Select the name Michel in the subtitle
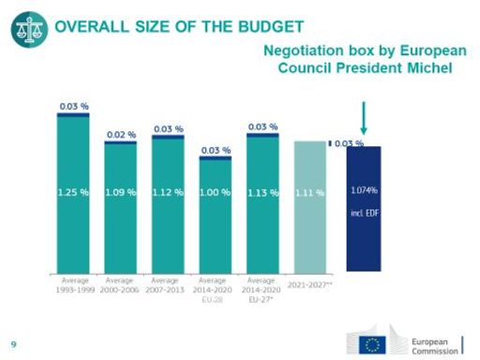click(x=423, y=69)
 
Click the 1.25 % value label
click(x=72, y=192)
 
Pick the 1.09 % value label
click(x=120, y=192)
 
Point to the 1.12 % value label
click(x=168, y=192)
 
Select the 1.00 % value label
click(x=215, y=192)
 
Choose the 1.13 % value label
click(x=262, y=192)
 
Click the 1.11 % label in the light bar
click(x=309, y=192)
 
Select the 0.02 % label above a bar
click(x=120, y=136)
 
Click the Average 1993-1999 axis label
click(x=73, y=283)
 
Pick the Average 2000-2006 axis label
click(x=120, y=283)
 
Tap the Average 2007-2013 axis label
click(x=168, y=283)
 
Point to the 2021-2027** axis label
click(x=309, y=283)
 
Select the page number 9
click(x=13, y=342)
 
